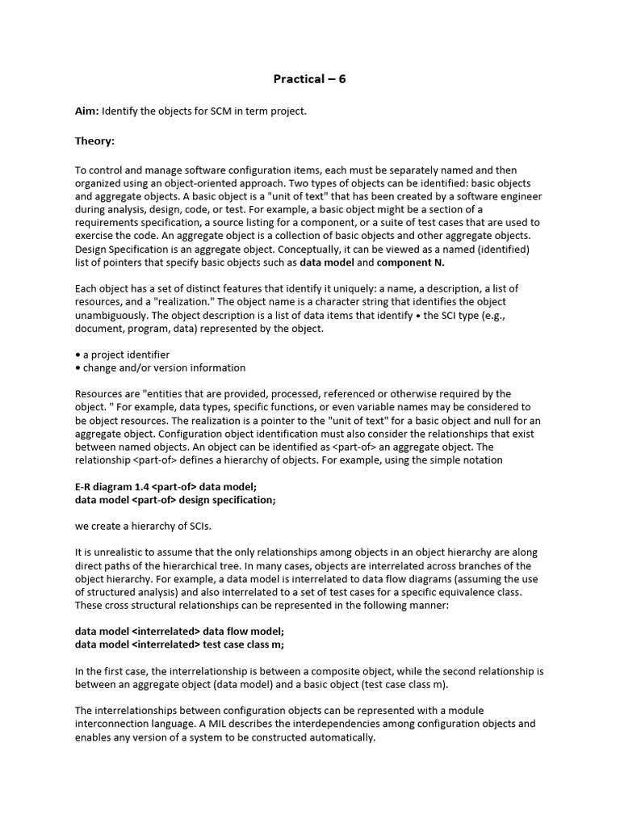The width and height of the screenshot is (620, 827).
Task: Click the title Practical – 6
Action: [309, 79]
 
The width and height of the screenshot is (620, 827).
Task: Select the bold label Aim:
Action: [87, 111]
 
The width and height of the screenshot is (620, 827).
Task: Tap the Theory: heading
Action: [95, 141]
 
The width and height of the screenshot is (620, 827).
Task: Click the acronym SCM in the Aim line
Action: [222, 111]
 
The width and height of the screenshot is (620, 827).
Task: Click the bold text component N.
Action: [410, 262]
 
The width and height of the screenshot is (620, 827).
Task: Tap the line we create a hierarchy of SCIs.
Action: [142, 526]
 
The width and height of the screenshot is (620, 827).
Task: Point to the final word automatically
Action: [343, 737]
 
